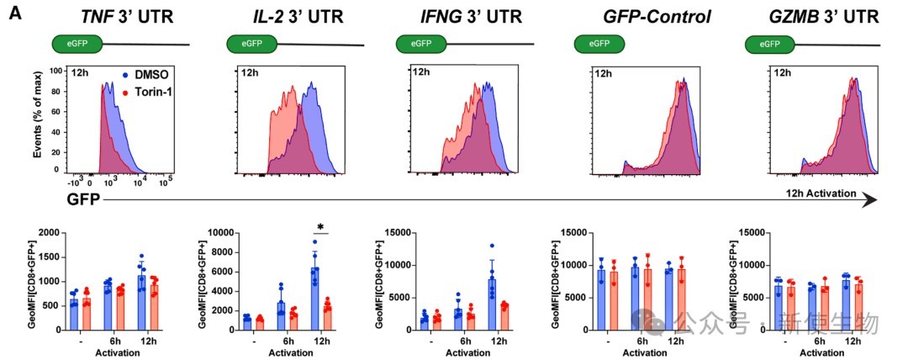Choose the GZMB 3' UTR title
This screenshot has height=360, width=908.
click(806, 16)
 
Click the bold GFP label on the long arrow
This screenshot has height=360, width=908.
click(84, 199)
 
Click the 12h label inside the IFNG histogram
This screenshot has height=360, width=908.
click(420, 73)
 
